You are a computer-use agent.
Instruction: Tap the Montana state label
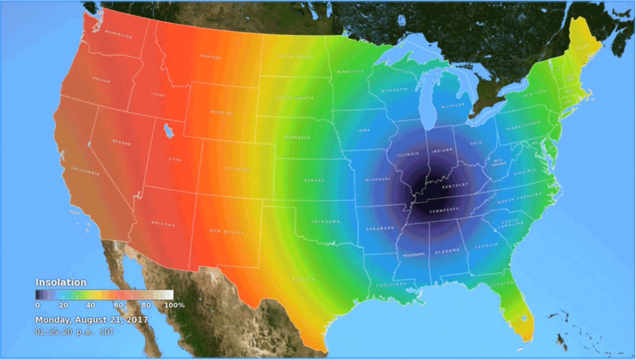pyautogui.click(x=210, y=56)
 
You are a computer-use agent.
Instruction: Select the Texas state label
pyautogui.click(x=303, y=278)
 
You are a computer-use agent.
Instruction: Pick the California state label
pyautogui.click(x=85, y=172)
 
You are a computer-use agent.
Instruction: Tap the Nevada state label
pyautogui.click(x=121, y=143)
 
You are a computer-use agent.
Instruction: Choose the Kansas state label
pyautogui.click(x=314, y=180)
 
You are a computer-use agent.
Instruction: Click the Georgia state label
pyautogui.click(x=486, y=246)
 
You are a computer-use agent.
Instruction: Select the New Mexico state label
pyautogui.click(x=227, y=232)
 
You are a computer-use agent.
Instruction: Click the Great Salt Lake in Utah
pyautogui.click(x=168, y=129)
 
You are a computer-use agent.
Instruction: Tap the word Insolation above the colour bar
pyautogui.click(x=60, y=283)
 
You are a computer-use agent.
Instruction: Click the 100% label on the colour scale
pyautogui.click(x=174, y=305)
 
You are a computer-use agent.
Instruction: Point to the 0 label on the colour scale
pyautogui.click(x=37, y=305)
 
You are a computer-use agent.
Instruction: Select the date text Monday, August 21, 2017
pyautogui.click(x=92, y=320)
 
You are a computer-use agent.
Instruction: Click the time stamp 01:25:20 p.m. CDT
pyautogui.click(x=75, y=332)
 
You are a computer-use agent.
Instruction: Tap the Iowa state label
pyautogui.click(x=364, y=130)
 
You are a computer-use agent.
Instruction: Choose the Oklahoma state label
pyautogui.click(x=325, y=221)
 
